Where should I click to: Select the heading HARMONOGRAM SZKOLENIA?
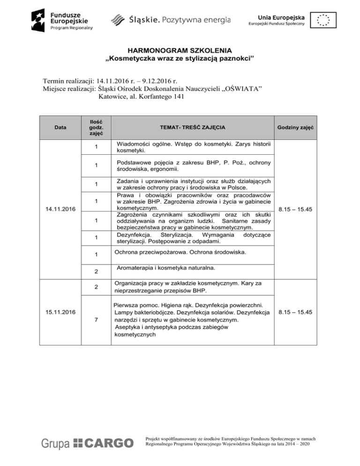[180, 50]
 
